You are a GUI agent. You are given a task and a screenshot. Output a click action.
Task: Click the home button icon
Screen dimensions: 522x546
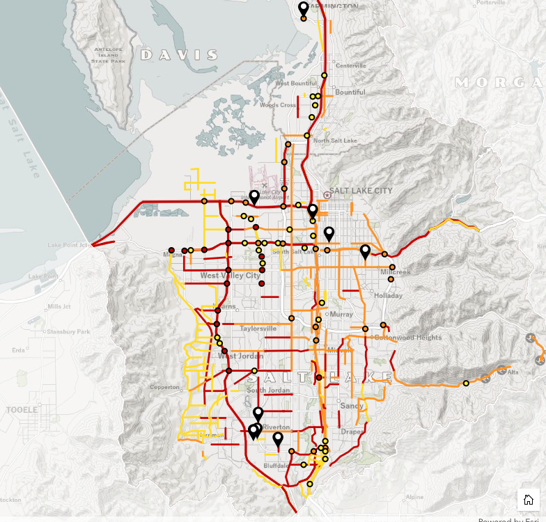528,500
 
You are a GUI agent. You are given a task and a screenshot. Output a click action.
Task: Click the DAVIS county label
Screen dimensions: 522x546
179,54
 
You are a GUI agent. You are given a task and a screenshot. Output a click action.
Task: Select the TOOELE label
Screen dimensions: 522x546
22,410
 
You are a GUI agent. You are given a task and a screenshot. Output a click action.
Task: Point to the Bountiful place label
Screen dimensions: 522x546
350,92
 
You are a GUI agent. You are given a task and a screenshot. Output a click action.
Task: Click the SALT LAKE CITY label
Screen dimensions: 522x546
361,191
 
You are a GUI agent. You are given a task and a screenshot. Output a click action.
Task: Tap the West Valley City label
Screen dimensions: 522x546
230,276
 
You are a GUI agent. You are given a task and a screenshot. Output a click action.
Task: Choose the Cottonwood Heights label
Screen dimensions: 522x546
408,338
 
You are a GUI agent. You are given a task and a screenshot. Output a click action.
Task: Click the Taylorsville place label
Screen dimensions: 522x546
258,329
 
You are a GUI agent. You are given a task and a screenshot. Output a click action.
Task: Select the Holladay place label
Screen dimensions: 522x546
388,295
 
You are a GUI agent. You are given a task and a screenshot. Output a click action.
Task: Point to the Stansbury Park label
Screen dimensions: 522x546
70,332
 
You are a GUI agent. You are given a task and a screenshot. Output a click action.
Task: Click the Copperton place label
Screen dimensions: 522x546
164,387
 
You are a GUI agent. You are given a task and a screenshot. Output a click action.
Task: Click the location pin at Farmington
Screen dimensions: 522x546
304,8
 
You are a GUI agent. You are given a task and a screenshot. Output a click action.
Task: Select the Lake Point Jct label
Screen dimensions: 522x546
69,245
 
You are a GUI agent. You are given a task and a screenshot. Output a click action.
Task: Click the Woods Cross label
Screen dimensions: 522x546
277,105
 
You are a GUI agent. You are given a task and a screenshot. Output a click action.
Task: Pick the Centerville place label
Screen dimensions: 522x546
350,65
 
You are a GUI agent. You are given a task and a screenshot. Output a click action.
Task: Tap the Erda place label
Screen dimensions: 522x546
19,350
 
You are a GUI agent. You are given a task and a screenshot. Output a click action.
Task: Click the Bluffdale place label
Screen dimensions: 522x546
276,465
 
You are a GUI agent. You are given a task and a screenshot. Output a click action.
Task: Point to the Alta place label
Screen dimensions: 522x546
513,372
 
